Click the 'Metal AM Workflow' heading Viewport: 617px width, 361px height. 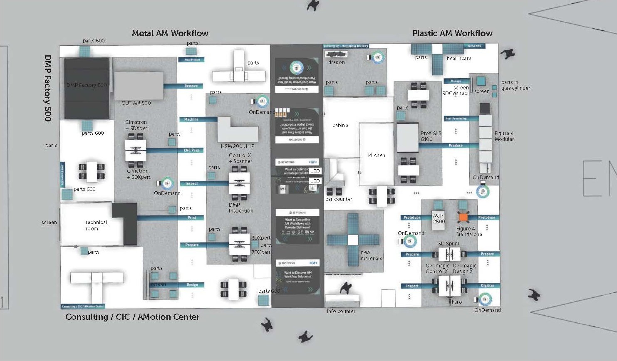pos(170,33)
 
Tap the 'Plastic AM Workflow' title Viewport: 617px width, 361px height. pos(452,33)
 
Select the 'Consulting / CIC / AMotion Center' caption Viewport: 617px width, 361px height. pos(132,317)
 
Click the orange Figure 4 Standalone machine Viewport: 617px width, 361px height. pos(463,217)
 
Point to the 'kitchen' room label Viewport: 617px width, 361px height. pos(377,156)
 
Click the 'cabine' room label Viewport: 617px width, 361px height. pos(340,125)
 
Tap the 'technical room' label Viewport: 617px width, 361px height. pos(96,225)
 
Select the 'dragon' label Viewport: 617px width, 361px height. pos(336,62)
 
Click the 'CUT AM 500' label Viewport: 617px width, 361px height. pos(136,103)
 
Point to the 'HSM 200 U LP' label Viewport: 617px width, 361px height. pos(238,146)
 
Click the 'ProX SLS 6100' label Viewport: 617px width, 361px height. pos(431,136)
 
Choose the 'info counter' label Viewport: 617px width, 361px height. pos(341,312)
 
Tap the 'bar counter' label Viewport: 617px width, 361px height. pos(339,199)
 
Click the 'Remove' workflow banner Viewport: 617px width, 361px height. pos(191,86)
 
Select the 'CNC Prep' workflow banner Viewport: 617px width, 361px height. pos(191,150)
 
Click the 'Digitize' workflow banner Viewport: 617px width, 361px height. pos(487,286)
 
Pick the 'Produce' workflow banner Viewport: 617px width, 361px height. pos(456,146)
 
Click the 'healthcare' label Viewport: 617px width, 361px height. pos(459,59)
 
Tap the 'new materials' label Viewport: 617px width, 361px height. pos(371,255)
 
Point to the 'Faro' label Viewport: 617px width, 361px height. pos(457,302)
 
